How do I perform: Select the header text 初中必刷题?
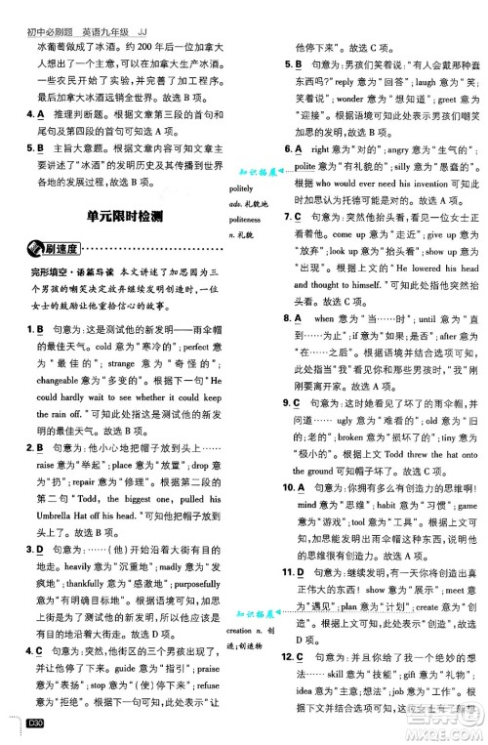pos(38,8)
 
